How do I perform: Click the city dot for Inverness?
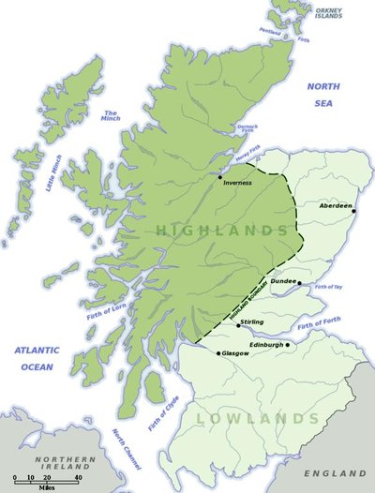click(220, 176)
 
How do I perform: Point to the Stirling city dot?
click(238, 326)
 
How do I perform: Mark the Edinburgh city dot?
click(287, 344)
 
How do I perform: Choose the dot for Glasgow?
click(218, 353)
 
